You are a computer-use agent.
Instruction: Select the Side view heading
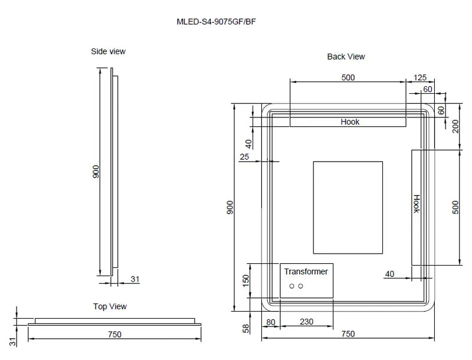coord(108,51)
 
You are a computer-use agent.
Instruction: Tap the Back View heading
coord(346,57)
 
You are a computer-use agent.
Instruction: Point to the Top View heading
coord(110,306)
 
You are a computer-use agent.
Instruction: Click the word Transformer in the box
coord(306,271)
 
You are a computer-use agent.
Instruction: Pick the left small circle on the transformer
coord(291,286)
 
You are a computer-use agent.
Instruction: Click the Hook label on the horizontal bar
coord(350,122)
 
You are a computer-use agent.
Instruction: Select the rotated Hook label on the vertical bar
coord(416,204)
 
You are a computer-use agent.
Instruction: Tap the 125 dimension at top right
coord(420,77)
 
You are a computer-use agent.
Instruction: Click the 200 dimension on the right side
coord(455,126)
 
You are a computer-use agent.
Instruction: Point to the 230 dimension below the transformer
coord(307,322)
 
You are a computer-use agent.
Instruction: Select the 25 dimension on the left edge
coord(244,156)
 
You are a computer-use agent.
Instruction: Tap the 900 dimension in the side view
coord(96,172)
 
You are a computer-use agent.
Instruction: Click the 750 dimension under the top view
coord(115,334)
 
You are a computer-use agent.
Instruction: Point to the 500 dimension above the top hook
coord(348,77)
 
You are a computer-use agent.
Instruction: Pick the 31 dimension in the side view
coord(135,280)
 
